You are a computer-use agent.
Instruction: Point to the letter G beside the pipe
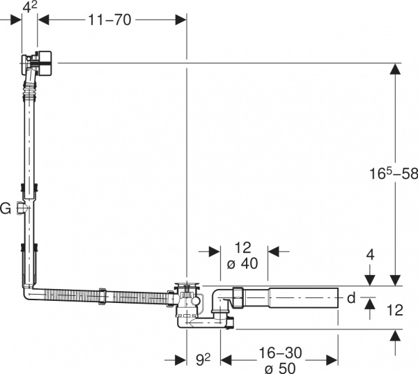(6, 208)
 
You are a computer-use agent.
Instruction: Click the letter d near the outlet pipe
(350, 298)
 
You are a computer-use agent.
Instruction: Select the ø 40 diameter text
(242, 265)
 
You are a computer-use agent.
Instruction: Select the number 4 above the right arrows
(370, 255)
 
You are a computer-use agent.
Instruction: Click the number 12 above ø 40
(242, 249)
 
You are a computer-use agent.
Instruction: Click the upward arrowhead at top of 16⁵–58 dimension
(396, 69)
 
